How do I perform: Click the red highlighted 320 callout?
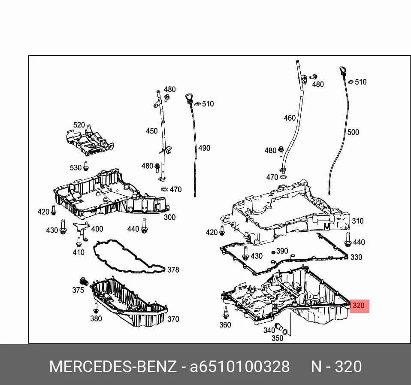(x=360, y=306)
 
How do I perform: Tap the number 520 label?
(x=79, y=125)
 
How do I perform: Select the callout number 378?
(x=173, y=270)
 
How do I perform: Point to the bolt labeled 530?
(x=86, y=166)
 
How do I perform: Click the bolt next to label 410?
(x=79, y=242)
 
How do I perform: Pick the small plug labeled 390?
(x=273, y=252)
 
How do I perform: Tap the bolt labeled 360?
(x=225, y=312)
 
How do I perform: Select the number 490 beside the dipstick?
(x=204, y=148)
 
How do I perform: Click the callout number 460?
(x=290, y=118)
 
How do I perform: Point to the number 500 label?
(x=353, y=132)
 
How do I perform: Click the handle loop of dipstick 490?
(x=189, y=97)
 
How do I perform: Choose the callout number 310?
(x=358, y=221)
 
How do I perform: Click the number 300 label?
(x=169, y=217)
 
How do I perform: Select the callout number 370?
(x=173, y=319)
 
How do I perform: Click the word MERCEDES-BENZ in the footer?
(x=113, y=367)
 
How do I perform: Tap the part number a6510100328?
(x=240, y=367)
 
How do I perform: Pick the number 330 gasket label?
(x=356, y=257)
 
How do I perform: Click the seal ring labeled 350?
(x=285, y=332)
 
